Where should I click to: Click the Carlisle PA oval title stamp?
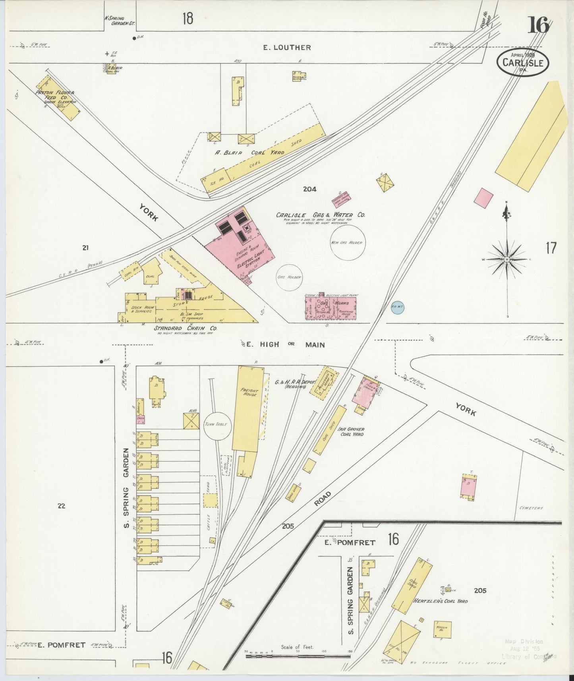click(522, 62)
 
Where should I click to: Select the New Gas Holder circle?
click(348, 242)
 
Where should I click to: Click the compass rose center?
click(506, 259)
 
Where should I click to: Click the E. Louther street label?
click(287, 48)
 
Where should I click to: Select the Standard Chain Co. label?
click(180, 329)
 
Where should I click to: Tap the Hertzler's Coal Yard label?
click(441, 601)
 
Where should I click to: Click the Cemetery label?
click(531, 508)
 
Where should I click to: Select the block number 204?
click(309, 189)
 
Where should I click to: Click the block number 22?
click(61, 506)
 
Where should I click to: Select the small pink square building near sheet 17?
click(484, 197)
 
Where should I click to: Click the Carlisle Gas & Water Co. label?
click(321, 215)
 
